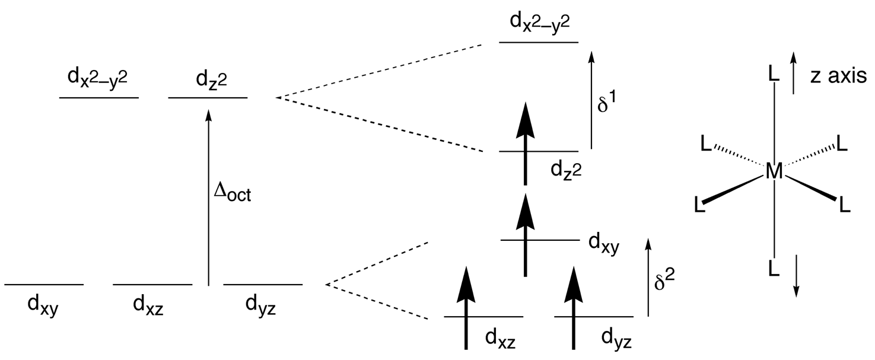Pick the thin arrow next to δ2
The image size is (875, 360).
click(648, 276)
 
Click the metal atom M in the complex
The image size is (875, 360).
click(774, 172)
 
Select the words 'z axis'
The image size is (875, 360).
click(838, 76)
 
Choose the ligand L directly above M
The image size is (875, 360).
click(774, 74)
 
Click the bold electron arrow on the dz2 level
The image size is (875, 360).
click(524, 142)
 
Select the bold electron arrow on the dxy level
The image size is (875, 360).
click(524, 234)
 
